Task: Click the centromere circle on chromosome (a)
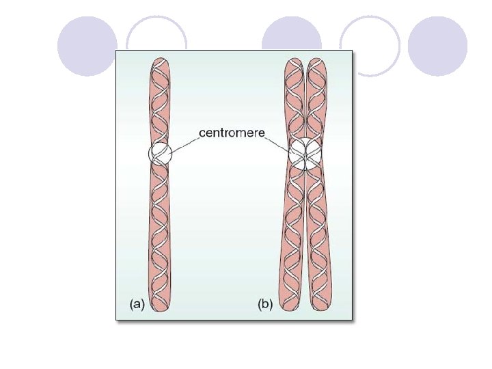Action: [x=161, y=152]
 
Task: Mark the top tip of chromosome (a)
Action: [x=159, y=60]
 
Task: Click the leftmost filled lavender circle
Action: [x=87, y=46]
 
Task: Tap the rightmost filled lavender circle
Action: [x=437, y=46]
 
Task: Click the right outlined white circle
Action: [x=370, y=45]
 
